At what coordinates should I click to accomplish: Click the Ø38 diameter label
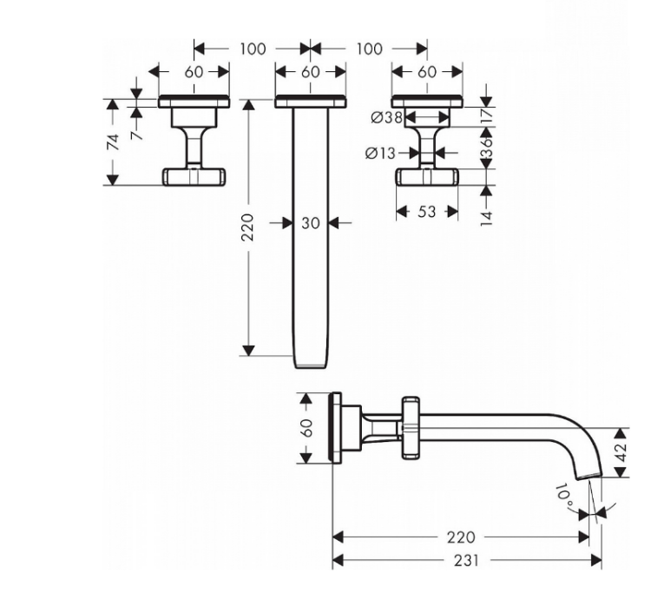pyautogui.click(x=386, y=117)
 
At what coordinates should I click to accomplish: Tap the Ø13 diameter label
pyautogui.click(x=380, y=153)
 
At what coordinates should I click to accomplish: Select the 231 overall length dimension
pyautogui.click(x=466, y=561)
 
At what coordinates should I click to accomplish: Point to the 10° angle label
pyautogui.click(x=565, y=495)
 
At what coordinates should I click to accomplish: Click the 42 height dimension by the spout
pyautogui.click(x=620, y=452)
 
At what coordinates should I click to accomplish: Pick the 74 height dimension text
pyautogui.click(x=113, y=142)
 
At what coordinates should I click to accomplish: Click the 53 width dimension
pyautogui.click(x=426, y=212)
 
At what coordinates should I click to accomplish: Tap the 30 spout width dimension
pyautogui.click(x=311, y=223)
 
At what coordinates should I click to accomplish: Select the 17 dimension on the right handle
pyautogui.click(x=487, y=114)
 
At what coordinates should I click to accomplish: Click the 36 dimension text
pyautogui.click(x=486, y=148)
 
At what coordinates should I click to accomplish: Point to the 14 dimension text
pyautogui.click(x=487, y=219)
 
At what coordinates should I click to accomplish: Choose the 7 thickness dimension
pyautogui.click(x=137, y=134)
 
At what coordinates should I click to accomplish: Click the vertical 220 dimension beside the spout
pyautogui.click(x=247, y=227)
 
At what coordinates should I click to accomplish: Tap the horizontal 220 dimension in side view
pyautogui.click(x=460, y=537)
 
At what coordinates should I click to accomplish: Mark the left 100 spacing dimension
pyautogui.click(x=253, y=49)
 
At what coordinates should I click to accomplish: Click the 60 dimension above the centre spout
pyautogui.click(x=310, y=72)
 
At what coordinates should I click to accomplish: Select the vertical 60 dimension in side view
pyautogui.click(x=306, y=428)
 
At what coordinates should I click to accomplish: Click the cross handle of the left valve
pyautogui.click(x=194, y=177)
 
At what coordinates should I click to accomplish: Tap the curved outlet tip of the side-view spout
pyautogui.click(x=590, y=476)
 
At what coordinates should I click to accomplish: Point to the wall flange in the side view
pyautogui.click(x=335, y=428)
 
